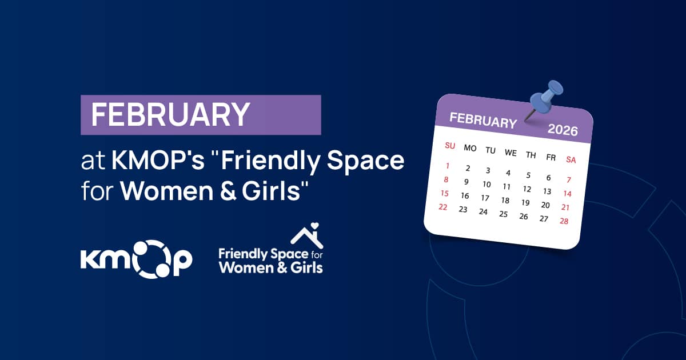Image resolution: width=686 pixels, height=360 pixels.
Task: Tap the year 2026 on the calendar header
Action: pyautogui.click(x=563, y=130)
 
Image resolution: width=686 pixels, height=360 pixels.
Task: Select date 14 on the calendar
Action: pyautogui.click(x=568, y=194)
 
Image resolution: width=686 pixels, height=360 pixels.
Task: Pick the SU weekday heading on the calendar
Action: pyautogui.click(x=450, y=146)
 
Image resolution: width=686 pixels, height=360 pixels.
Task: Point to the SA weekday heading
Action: pyautogui.click(x=571, y=160)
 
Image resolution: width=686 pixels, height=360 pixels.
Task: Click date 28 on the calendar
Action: pyautogui.click(x=564, y=221)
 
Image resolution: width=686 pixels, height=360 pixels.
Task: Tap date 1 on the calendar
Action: pyautogui.click(x=447, y=166)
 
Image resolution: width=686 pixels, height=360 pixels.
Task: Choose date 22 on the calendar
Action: pyautogui.click(x=442, y=207)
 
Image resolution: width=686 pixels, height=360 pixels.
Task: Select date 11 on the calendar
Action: pyautogui.click(x=506, y=187)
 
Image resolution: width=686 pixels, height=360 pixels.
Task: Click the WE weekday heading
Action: pyautogui.click(x=510, y=153)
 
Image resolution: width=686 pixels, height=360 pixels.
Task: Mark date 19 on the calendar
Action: pyautogui.click(x=525, y=203)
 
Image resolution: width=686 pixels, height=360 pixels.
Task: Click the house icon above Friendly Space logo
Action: pyautogui.click(x=307, y=235)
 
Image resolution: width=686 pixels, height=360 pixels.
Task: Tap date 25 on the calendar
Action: pyautogui.click(x=503, y=214)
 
